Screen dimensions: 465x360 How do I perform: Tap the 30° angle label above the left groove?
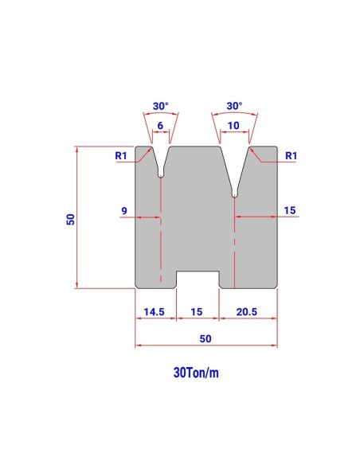point(160,105)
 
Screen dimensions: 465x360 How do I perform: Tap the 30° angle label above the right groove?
point(233,105)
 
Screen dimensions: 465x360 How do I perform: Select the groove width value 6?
point(160,126)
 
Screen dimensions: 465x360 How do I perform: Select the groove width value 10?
point(233,126)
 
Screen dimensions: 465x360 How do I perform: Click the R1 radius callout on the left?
point(121,155)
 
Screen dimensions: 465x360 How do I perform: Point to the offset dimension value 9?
point(124,210)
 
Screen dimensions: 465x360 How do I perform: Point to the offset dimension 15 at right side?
point(289,210)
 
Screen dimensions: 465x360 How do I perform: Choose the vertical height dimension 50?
point(71,219)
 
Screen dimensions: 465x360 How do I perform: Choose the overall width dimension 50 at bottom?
point(205,338)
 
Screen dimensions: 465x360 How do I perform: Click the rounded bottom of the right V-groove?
point(234,193)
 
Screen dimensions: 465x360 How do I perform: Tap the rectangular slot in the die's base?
point(198,279)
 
